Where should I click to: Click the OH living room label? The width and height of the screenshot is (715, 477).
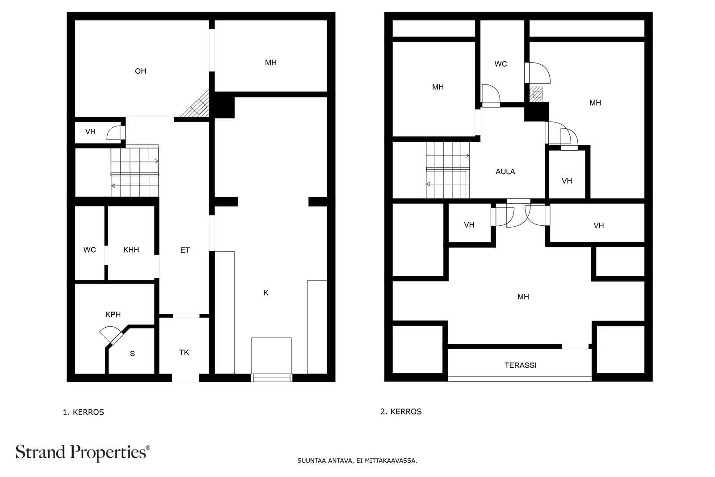point(140,71)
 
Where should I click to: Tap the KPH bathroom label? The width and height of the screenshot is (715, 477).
point(113,314)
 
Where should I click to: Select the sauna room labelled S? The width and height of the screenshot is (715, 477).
point(132,354)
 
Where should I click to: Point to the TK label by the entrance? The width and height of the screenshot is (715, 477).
point(184,352)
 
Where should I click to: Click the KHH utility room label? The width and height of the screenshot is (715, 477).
point(131,249)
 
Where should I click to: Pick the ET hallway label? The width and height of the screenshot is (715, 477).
point(185,250)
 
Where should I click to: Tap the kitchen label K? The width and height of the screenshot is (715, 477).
point(266,293)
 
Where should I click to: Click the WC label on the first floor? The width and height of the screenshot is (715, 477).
point(90,249)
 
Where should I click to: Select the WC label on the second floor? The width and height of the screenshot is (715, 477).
point(500,64)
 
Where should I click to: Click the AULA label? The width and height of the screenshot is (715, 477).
point(505,172)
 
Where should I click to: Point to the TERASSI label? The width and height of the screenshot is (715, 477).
point(521,365)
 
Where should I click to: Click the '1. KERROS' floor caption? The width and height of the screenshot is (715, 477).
point(83,412)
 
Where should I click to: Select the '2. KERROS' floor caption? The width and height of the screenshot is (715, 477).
point(401,412)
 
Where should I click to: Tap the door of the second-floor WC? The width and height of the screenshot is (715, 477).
point(491,95)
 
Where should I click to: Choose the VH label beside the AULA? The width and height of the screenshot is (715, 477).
point(567,181)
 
